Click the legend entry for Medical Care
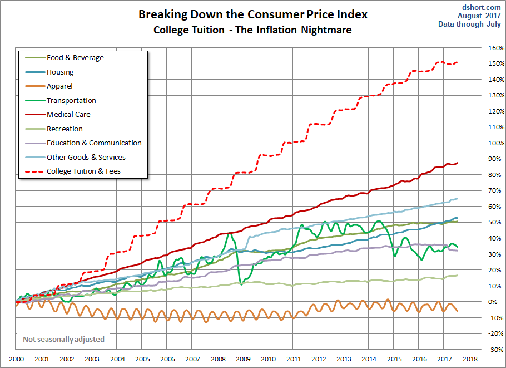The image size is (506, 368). (x=68, y=115)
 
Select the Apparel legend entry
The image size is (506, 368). (x=59, y=86)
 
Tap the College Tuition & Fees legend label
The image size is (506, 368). (x=83, y=171)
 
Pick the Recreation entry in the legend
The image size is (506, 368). (x=65, y=129)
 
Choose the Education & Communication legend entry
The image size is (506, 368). (x=94, y=143)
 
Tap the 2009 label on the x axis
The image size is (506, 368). (x=243, y=360)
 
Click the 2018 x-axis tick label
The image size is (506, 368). (x=470, y=360)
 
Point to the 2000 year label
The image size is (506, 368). (x=16, y=360)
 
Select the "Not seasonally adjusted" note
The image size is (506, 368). (x=63, y=339)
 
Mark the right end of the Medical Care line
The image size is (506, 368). (x=458, y=163)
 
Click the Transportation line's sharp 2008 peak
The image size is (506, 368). (x=229, y=233)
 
